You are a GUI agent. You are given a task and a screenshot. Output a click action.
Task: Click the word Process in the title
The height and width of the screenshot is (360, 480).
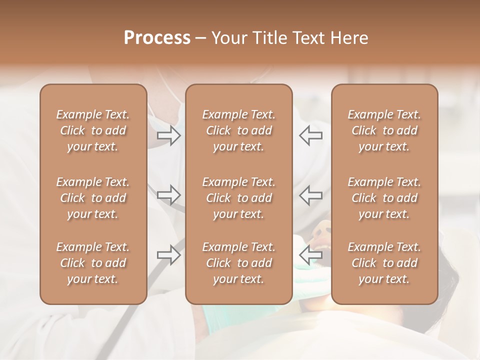[x=157, y=38]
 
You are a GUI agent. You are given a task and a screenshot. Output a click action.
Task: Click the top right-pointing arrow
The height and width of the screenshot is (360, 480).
[x=169, y=135]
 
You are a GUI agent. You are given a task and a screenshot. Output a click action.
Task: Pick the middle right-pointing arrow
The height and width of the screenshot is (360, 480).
[x=169, y=195]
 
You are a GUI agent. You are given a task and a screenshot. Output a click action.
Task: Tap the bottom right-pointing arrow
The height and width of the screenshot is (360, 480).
[x=169, y=255]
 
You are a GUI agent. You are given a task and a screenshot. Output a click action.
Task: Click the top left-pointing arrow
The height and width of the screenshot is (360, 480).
[x=311, y=135]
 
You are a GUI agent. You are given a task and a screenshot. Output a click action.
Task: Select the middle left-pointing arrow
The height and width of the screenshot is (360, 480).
[x=311, y=195]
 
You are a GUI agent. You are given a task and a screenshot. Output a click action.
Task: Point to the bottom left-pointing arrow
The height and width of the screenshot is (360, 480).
[x=311, y=255]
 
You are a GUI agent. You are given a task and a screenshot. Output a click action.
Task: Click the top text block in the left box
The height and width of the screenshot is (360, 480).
[x=93, y=130]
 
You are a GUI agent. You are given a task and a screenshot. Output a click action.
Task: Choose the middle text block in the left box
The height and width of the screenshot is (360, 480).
[x=93, y=198]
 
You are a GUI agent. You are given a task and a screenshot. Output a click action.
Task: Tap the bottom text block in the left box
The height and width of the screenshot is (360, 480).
[x=93, y=263]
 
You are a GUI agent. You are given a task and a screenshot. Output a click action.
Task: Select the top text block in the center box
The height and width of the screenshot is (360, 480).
[x=239, y=130]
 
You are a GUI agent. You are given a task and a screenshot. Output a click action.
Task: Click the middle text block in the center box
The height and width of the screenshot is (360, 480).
[x=239, y=198]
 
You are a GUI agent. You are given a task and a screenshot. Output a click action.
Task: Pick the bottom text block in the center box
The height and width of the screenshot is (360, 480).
[x=239, y=263]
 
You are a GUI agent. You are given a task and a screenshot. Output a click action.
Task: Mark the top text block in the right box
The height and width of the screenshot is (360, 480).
[x=384, y=130]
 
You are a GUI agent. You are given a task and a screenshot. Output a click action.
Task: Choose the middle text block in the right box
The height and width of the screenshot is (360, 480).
[x=384, y=198]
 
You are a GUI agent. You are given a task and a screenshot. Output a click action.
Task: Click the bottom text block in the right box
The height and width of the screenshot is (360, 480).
[x=384, y=263]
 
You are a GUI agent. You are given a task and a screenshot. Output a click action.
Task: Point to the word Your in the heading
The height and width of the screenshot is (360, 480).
[x=228, y=38]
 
